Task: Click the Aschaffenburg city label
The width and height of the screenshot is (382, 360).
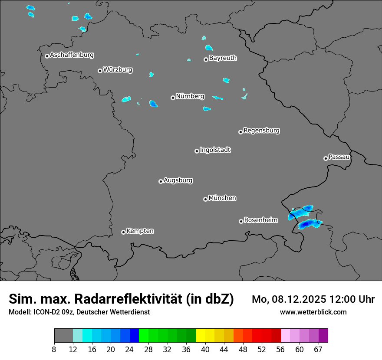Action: click(x=72, y=55)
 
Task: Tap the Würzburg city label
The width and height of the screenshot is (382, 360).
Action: click(x=118, y=70)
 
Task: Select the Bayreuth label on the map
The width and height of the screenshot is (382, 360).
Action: click(x=223, y=58)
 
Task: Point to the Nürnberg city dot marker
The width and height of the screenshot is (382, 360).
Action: click(x=173, y=98)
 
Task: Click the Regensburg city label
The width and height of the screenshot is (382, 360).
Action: click(x=261, y=131)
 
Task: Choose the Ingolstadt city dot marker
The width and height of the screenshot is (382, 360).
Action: click(x=197, y=151)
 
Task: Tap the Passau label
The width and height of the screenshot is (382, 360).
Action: click(x=339, y=157)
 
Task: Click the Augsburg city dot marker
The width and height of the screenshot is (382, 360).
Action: click(x=161, y=181)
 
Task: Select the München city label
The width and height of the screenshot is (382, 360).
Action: click(x=222, y=198)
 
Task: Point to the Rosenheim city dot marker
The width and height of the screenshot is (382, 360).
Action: click(x=241, y=221)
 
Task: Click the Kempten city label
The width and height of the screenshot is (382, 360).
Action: click(x=140, y=231)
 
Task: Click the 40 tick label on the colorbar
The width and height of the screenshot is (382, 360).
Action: click(x=205, y=350)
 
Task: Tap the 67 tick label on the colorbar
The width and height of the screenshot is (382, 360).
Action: click(x=318, y=350)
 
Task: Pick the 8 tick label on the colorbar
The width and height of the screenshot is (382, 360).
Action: click(x=54, y=350)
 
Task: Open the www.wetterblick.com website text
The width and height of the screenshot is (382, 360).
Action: click(x=313, y=312)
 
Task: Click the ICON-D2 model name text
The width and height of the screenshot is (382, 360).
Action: click(x=46, y=312)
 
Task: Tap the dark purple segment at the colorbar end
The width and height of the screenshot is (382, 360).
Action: click(x=323, y=336)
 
